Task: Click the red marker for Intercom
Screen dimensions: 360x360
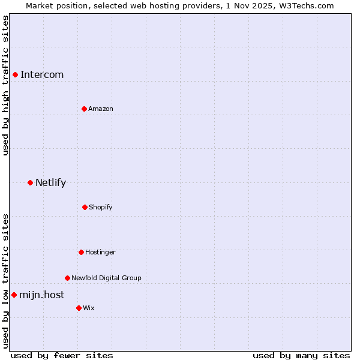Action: click(15, 74)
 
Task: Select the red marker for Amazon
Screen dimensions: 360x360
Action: click(84, 109)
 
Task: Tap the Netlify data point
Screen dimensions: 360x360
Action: click(30, 182)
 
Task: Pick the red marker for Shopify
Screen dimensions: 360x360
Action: click(85, 207)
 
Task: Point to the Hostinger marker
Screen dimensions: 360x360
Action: click(81, 252)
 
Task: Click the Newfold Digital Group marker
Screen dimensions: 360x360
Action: click(67, 278)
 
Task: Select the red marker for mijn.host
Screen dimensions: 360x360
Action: click(14, 295)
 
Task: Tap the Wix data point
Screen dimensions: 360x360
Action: click(79, 308)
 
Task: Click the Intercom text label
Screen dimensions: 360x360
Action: click(42, 74)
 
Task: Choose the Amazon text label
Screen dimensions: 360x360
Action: click(101, 109)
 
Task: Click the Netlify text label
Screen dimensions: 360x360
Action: click(50, 182)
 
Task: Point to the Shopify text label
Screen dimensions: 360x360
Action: click(101, 207)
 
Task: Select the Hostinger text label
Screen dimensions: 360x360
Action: click(100, 252)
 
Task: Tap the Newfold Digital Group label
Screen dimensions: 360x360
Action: click(106, 278)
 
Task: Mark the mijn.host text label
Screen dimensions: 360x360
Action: click(41, 295)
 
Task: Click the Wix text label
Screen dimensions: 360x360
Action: click(89, 308)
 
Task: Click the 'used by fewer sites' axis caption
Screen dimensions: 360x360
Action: click(62, 355)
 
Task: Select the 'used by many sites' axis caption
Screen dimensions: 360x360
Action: click(301, 355)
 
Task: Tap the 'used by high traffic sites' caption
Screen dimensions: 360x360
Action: click(5, 85)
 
